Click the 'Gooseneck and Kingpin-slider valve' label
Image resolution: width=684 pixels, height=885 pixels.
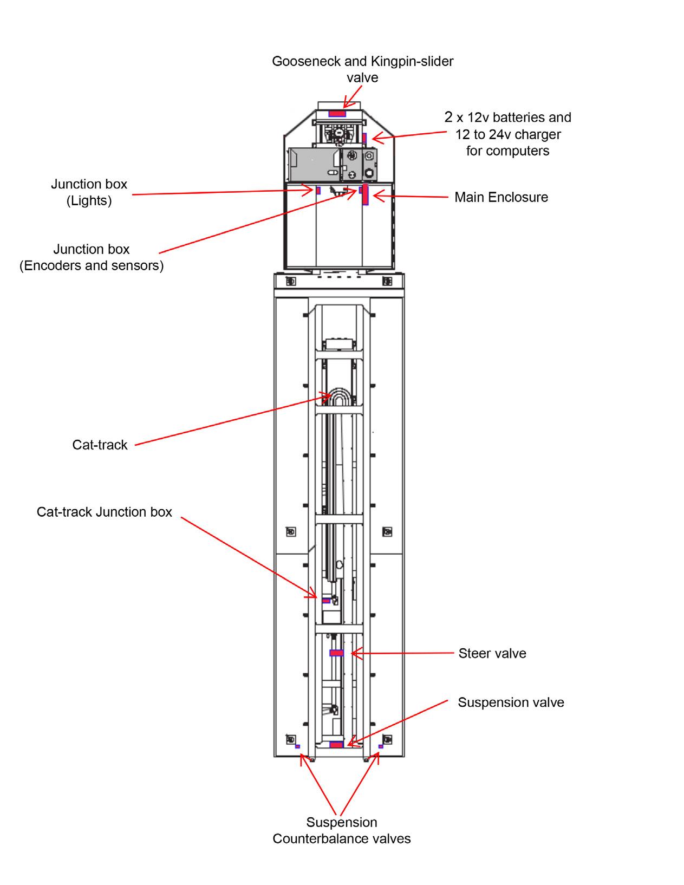pyautogui.click(x=362, y=69)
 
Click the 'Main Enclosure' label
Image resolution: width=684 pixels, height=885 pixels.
pyautogui.click(x=501, y=197)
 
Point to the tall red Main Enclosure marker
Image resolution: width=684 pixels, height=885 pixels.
pyautogui.click(x=366, y=194)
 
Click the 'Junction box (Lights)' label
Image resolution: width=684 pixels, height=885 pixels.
pyautogui.click(x=89, y=192)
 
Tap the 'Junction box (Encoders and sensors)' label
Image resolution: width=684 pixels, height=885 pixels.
pyautogui.click(x=92, y=257)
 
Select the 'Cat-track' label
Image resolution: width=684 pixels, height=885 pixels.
pyautogui.click(x=100, y=445)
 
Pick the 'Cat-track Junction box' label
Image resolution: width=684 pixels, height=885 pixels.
pyautogui.click(x=104, y=512)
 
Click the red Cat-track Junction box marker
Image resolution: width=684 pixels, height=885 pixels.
pyautogui.click(x=326, y=601)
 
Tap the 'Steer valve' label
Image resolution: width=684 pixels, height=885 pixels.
pyautogui.click(x=492, y=654)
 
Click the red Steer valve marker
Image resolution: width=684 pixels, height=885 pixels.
pyautogui.click(x=337, y=653)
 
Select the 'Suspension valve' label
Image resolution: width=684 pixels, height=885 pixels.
pyautogui.click(x=511, y=703)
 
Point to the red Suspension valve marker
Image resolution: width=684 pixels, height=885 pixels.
pyautogui.click(x=336, y=745)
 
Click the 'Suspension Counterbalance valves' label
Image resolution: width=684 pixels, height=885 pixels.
pyautogui.click(x=342, y=830)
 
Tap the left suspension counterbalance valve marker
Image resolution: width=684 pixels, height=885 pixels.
pyautogui.click(x=297, y=747)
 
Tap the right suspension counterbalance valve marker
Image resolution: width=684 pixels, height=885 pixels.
pyautogui.click(x=381, y=746)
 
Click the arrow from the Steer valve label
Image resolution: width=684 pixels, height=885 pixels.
pyautogui.click(x=403, y=654)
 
